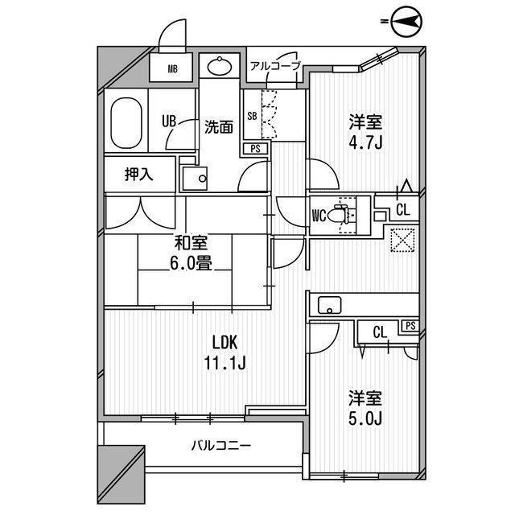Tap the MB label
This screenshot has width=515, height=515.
point(173,69)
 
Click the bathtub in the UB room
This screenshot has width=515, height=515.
point(126,123)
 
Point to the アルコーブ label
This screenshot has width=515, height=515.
point(275,66)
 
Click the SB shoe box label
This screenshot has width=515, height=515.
point(252,116)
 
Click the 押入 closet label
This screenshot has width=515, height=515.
point(139,175)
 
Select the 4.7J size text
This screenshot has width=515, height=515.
point(365,143)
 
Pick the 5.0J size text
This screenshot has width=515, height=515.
point(365,418)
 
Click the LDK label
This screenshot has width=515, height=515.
point(225,343)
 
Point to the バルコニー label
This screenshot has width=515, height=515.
point(221,446)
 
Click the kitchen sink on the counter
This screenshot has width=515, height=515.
point(329,306)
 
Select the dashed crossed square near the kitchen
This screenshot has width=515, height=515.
point(402,240)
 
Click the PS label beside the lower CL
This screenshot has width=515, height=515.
point(410,326)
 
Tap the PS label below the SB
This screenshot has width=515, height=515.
point(255,149)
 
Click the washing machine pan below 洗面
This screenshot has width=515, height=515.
point(195,179)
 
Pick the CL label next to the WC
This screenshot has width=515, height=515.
point(403,210)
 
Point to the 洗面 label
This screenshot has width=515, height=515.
point(219,127)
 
